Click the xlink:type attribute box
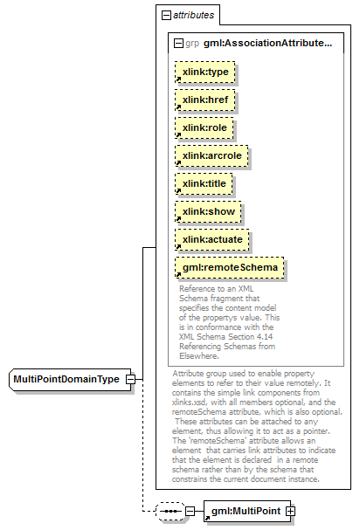(x=205, y=72)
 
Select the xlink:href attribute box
(x=205, y=100)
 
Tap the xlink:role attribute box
(x=204, y=127)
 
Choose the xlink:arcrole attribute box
(x=211, y=155)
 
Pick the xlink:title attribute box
(x=204, y=184)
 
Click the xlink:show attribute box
(x=208, y=212)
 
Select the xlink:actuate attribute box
(x=212, y=239)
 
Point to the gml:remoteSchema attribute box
(x=230, y=268)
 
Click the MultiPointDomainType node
(x=70, y=380)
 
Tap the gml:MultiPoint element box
(x=247, y=511)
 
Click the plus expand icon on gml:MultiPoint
(x=290, y=512)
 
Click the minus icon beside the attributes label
(x=166, y=15)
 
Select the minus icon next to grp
(x=178, y=44)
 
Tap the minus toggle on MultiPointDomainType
(x=130, y=379)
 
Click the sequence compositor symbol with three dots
(x=170, y=511)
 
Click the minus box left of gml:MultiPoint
(x=190, y=511)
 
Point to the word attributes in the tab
(x=193, y=15)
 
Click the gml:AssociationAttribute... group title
(x=267, y=44)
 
